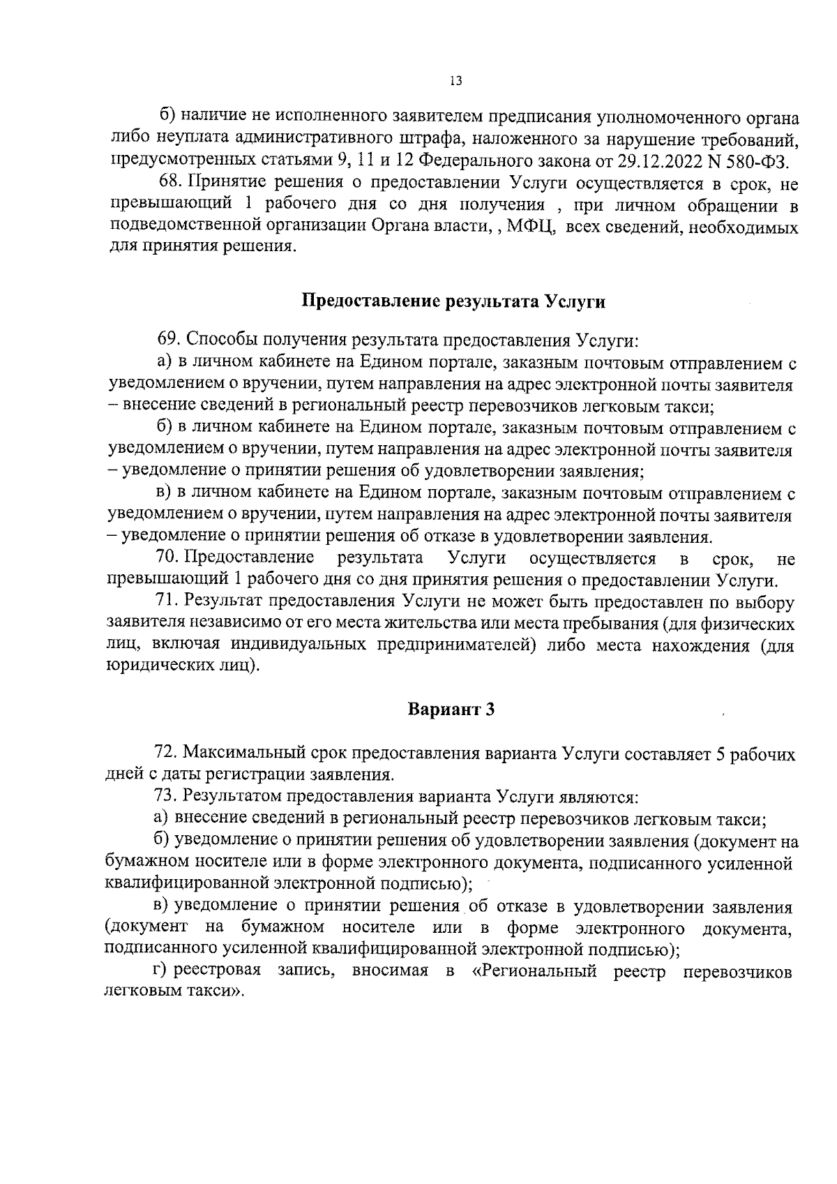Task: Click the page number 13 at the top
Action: pos(455,81)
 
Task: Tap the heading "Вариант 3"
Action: pos(451,710)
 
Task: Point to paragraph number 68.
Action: pos(169,183)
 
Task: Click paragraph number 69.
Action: pos(169,340)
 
